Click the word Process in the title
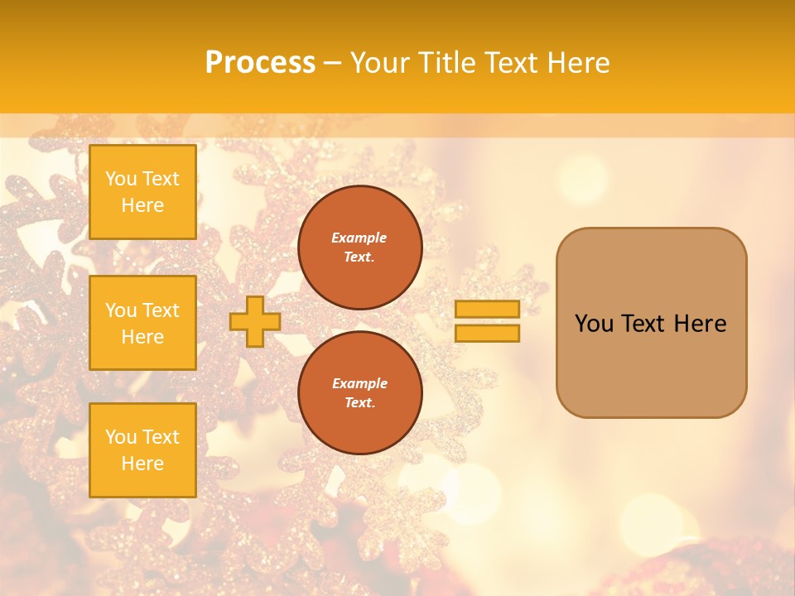[x=260, y=63]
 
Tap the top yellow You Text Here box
[x=142, y=192]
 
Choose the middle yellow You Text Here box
[x=142, y=323]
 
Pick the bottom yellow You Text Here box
[x=142, y=450]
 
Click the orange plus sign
[x=255, y=321]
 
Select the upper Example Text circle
[x=360, y=248]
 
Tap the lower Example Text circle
[x=360, y=393]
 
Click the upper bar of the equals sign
[x=487, y=309]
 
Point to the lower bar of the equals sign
[x=487, y=334]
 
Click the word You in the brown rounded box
[x=593, y=324]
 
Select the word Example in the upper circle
[x=359, y=238]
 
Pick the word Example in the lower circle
[x=359, y=383]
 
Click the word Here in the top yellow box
[x=142, y=205]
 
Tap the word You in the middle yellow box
[x=121, y=310]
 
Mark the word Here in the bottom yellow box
[x=142, y=464]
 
